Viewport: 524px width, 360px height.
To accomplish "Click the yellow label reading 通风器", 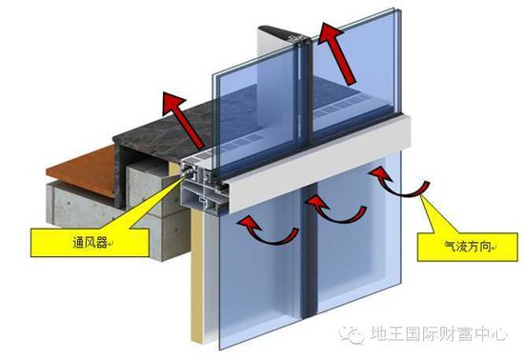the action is [x=90, y=243].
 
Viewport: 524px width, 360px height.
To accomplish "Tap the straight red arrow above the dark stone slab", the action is [x=183, y=120].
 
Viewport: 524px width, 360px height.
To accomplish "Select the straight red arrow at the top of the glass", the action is [x=336, y=53].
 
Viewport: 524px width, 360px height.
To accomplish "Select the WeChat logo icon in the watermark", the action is [x=351, y=334].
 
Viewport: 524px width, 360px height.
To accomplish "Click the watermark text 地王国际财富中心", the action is [x=438, y=334].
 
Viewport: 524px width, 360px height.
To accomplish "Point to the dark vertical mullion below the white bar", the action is [x=308, y=253].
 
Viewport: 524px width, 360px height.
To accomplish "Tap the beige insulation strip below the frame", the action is [x=197, y=274].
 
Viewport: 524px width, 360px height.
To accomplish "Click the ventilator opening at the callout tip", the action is [x=188, y=172].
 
